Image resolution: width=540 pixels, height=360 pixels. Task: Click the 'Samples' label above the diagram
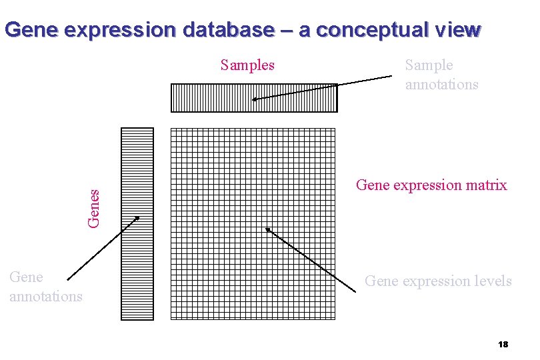[x=247, y=65]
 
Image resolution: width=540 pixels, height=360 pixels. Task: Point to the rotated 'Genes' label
[x=95, y=206]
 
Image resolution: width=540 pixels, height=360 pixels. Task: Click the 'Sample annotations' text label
[x=441, y=75]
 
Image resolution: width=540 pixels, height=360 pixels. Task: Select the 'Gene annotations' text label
[x=45, y=287]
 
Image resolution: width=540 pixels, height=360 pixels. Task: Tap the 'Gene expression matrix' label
[x=431, y=185]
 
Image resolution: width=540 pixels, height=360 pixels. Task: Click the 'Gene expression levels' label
[x=438, y=281]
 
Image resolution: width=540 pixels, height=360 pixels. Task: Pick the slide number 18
[x=503, y=345]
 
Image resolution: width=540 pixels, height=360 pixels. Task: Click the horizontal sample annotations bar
[x=254, y=97]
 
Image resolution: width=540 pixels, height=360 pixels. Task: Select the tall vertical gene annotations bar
[x=137, y=223]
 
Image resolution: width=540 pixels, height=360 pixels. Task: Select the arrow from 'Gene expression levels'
[x=310, y=259]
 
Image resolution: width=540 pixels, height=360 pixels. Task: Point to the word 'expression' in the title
[x=112, y=30]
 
